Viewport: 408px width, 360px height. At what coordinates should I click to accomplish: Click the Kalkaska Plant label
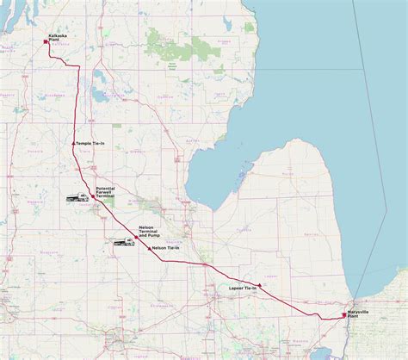(x=57, y=35)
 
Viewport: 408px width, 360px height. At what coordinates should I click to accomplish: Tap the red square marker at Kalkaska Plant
(x=45, y=40)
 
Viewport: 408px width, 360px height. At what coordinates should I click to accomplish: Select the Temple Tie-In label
(x=90, y=143)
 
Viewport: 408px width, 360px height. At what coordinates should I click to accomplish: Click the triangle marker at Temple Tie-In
(x=74, y=143)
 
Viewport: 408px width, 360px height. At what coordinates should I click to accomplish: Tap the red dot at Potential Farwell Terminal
(x=93, y=196)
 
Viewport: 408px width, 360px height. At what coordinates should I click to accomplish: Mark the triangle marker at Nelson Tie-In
(x=151, y=248)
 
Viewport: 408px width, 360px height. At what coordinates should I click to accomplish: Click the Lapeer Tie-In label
(x=244, y=286)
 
